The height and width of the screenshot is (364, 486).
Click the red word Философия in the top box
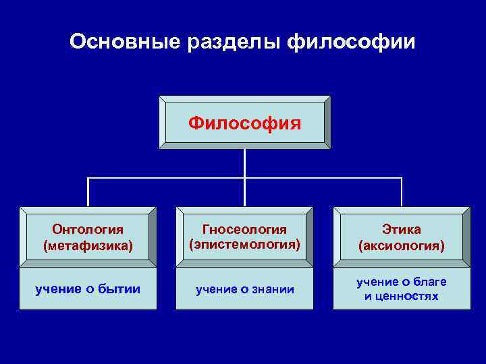click(x=244, y=123)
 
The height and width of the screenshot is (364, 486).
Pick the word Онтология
click(x=88, y=231)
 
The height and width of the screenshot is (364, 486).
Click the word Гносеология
click(x=244, y=231)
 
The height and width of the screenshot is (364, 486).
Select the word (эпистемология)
click(x=244, y=245)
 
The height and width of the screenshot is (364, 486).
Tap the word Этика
click(x=401, y=231)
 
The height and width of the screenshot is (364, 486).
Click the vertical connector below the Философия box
click(x=244, y=163)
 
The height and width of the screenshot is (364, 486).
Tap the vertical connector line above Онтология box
click(x=88, y=192)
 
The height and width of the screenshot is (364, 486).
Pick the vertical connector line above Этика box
click(x=402, y=192)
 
